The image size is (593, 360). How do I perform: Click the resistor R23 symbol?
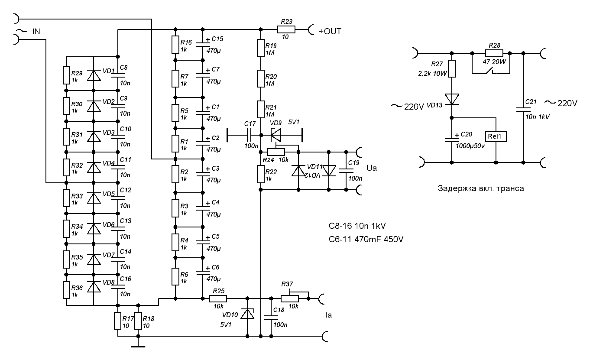click(286, 29)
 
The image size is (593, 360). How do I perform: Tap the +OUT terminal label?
click(330, 31)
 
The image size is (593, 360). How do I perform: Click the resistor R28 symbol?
click(494, 53)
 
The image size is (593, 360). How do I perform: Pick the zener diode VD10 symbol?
click(247, 313)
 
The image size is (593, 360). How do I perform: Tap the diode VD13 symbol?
click(452, 99)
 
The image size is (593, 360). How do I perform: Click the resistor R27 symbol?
click(452, 68)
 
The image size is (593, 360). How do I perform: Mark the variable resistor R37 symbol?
click(289, 298)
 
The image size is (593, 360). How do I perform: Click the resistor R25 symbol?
click(218, 298)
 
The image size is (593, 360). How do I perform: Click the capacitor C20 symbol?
click(452, 139)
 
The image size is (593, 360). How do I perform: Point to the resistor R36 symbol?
click(66, 290)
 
